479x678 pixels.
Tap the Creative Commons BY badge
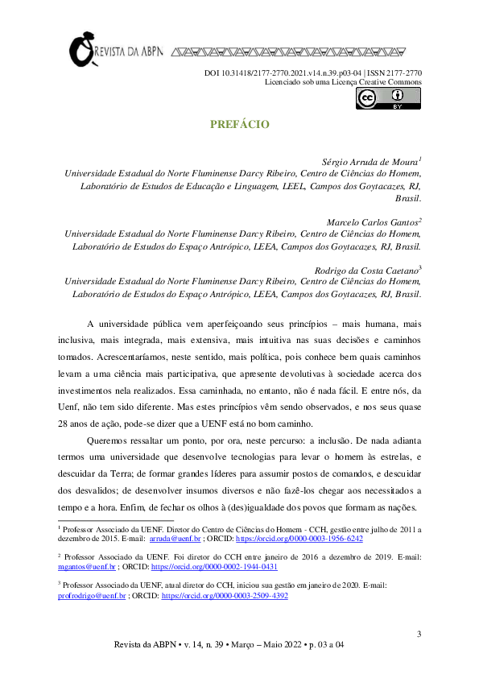(x=388, y=98)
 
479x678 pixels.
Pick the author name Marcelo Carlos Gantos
(x=372, y=221)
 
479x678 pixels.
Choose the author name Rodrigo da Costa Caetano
(x=366, y=271)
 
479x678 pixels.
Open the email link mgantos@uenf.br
(x=83, y=567)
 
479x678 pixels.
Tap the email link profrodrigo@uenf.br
(x=92, y=596)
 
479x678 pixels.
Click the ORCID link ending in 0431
(x=221, y=567)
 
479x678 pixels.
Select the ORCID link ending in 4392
(x=225, y=596)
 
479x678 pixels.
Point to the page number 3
(x=419, y=635)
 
